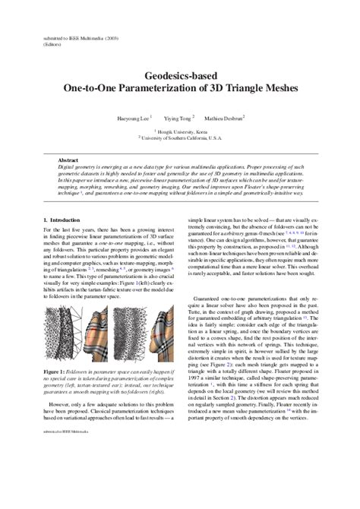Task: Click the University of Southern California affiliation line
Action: coord(180,138)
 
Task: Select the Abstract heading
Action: coord(69,161)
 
